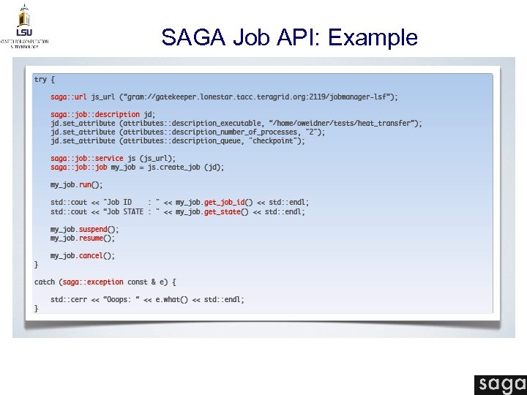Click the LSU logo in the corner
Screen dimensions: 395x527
pyautogui.click(x=24, y=26)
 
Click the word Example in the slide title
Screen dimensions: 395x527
pyautogui.click(x=373, y=37)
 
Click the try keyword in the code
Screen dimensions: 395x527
pyautogui.click(x=40, y=79)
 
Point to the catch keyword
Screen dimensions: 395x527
pyautogui.click(x=45, y=282)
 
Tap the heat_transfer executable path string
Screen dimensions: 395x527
pyautogui.click(x=344, y=123)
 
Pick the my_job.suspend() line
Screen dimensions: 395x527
pyautogui.click(x=83, y=229)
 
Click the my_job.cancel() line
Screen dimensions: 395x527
pyautogui.click(x=83, y=255)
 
